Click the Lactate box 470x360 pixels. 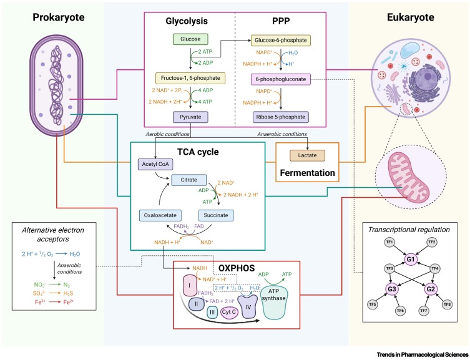pyautogui.click(x=303, y=153)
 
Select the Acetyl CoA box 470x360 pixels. pyautogui.click(x=154, y=165)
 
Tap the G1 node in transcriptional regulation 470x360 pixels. pyautogui.click(x=410, y=258)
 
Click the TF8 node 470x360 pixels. pyautogui.click(x=447, y=305)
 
